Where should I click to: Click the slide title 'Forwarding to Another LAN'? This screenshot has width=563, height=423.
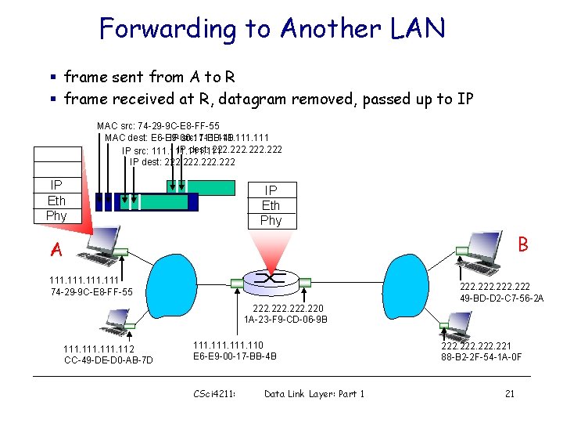(272, 29)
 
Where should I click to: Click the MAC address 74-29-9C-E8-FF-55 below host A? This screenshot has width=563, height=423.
(91, 292)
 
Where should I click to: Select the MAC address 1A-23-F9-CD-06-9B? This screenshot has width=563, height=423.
(285, 320)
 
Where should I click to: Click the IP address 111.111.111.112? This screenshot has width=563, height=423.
(99, 349)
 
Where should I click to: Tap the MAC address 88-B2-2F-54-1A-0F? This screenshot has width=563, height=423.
(481, 357)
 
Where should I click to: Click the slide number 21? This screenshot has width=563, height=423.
(509, 393)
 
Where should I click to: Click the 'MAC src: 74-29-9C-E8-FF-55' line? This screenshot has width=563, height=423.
(158, 125)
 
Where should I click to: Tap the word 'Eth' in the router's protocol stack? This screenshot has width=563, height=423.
(271, 205)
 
